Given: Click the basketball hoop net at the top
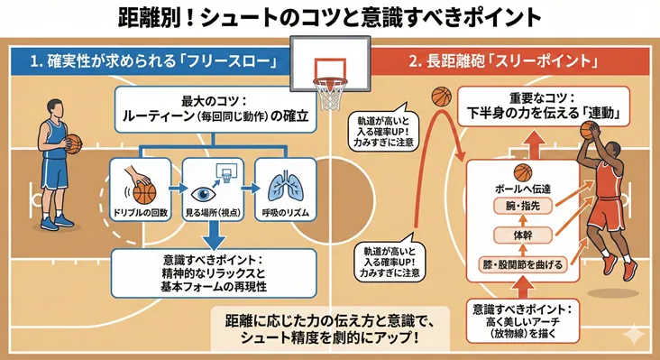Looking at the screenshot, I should click(329, 91).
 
